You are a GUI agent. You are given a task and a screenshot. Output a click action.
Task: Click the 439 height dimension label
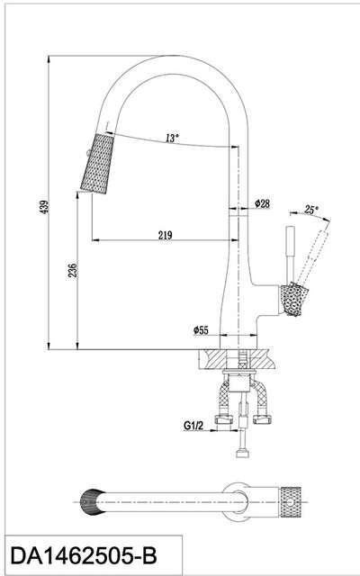(x=44, y=207)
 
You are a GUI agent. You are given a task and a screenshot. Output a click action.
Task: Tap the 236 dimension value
(x=73, y=270)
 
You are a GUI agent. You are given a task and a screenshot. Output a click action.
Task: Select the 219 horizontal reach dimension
(x=165, y=235)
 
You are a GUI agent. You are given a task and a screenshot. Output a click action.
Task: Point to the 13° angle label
(x=172, y=138)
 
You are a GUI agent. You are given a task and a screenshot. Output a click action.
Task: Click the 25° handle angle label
(x=311, y=210)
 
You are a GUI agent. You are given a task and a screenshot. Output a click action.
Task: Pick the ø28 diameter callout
(x=262, y=203)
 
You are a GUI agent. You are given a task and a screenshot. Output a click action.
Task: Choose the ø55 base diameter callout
(x=201, y=330)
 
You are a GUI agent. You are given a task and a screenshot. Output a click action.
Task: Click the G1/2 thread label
(x=193, y=426)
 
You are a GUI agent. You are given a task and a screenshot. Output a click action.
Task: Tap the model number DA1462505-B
(x=84, y=556)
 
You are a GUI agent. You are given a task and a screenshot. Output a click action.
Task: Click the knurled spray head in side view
(x=97, y=164)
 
